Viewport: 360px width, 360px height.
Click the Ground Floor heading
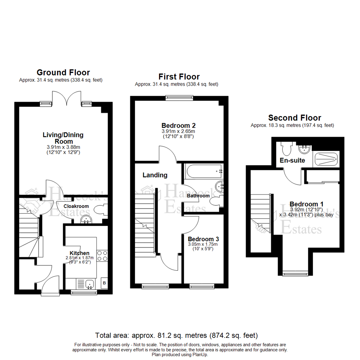[63, 72]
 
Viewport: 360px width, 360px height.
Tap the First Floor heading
[179, 77]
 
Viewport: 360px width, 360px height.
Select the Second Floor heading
[295, 118]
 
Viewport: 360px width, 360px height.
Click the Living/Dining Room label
[63, 138]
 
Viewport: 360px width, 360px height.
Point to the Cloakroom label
[76, 206]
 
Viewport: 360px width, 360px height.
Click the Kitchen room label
[79, 253]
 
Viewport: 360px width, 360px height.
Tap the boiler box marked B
[104, 283]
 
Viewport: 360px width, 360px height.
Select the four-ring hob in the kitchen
[103, 255]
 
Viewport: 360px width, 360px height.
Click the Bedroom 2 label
[178, 126]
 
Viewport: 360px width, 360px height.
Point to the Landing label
[155, 175]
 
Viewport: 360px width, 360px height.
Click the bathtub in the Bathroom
[203, 171]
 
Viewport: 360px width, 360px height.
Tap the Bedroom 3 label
[203, 239]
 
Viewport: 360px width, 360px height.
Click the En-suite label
[292, 160]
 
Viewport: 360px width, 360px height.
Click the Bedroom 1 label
[306, 204]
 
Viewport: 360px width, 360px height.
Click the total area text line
[176, 335]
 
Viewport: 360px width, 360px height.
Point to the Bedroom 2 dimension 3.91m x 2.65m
[178, 131]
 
